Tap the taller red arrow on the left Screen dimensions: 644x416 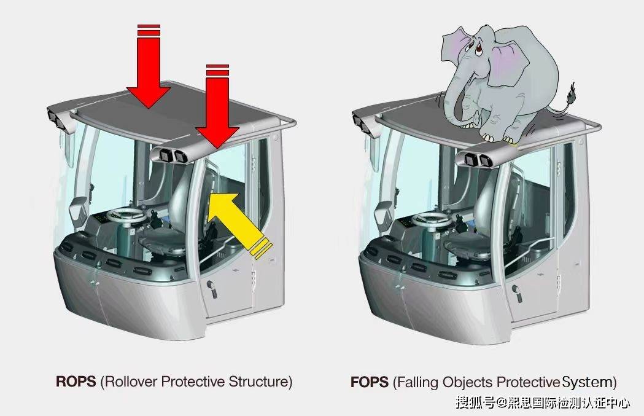pos(149,66)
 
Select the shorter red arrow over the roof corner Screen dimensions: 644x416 pos(217,106)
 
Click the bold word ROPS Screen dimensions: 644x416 pos(76,382)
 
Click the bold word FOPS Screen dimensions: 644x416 pos(369,382)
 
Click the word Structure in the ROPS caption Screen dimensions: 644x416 pos(258,382)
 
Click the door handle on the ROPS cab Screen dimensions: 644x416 pos(212,288)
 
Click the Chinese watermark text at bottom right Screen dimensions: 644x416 pos(543,402)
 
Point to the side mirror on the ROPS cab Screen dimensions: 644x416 pos(77,211)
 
